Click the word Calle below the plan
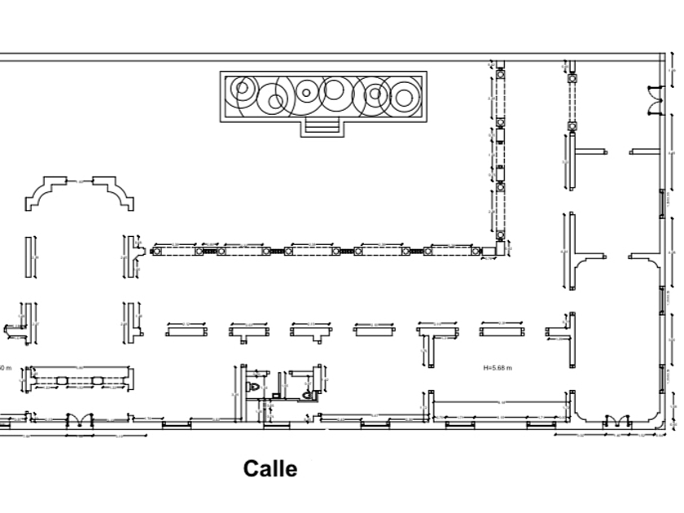[270, 469]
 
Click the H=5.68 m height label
[498, 368]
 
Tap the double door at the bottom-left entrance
[80, 419]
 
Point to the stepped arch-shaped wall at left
[80, 192]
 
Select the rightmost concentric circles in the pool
[403, 95]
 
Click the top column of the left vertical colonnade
[500, 75]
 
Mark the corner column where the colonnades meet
[500, 236]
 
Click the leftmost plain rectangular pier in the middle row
[186, 331]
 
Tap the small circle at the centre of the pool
[306, 92]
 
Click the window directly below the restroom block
[277, 424]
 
